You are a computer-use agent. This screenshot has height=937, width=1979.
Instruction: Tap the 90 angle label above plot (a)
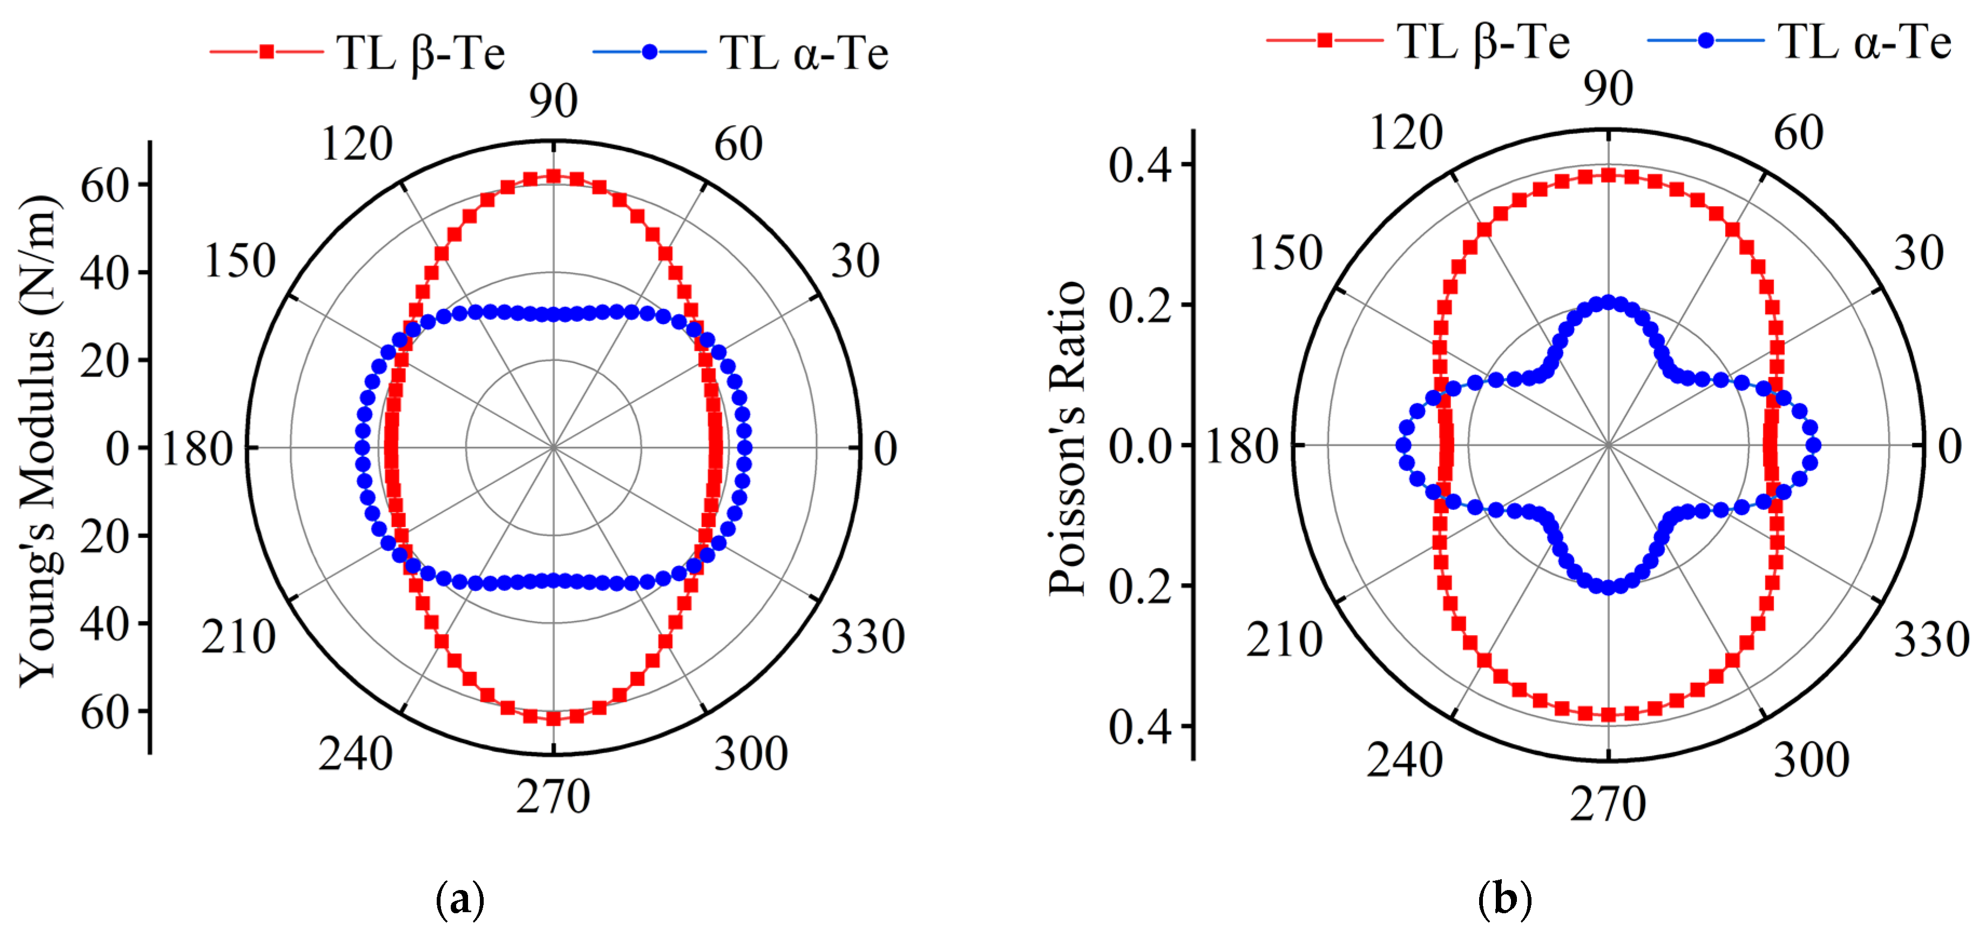pos(553,100)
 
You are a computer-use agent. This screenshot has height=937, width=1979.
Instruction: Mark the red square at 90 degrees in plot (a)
pos(553,176)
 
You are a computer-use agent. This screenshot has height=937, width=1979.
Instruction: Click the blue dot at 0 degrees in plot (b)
pos(1814,444)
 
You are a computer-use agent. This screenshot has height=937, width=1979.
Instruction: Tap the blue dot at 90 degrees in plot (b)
pos(1608,302)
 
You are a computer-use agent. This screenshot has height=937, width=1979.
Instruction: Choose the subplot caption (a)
pos(460,897)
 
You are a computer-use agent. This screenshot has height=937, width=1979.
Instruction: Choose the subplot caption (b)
pos(1504,897)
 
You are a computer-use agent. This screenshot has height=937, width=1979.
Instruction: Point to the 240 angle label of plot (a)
pos(356,754)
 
